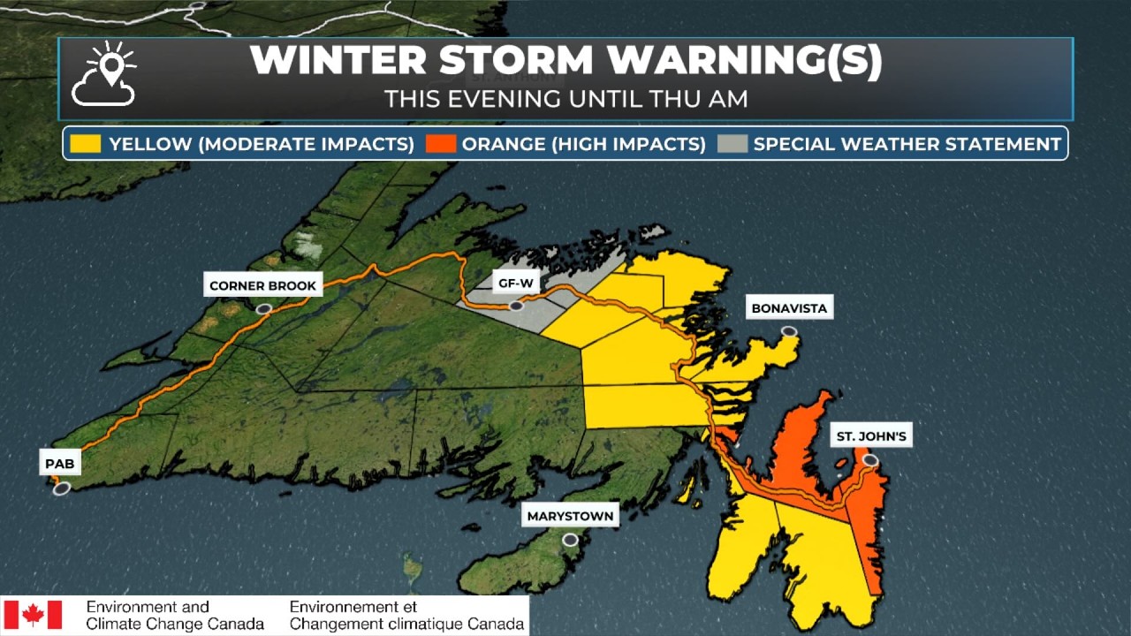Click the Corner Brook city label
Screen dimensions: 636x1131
pos(262,285)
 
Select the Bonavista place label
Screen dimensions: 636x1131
pos(789,308)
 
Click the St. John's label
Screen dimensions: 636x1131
pos(871,436)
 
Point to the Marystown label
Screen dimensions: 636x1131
pos(569,516)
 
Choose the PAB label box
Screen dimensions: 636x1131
pos(59,462)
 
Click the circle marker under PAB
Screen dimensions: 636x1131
pos(61,488)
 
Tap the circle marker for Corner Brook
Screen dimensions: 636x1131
pos(262,309)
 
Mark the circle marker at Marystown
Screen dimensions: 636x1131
pos(570,539)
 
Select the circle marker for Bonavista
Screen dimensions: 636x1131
pos(789,332)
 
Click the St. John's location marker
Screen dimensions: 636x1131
pos(870,460)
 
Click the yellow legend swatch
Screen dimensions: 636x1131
pos(87,144)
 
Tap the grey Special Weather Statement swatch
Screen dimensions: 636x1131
pos(732,144)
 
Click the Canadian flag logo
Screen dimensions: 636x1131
pos(33,615)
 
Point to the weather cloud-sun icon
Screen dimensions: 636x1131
pos(105,74)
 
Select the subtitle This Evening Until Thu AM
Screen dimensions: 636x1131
pos(565,99)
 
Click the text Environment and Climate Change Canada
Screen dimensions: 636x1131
pos(175,616)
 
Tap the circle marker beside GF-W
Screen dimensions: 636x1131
pos(515,307)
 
